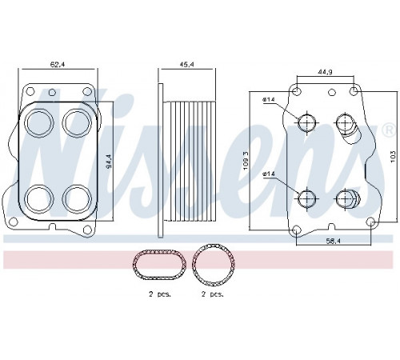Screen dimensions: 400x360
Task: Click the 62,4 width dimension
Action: coord(58,64)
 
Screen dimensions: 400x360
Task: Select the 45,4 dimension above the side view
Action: coord(186,64)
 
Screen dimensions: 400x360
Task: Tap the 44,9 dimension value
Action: coord(325,72)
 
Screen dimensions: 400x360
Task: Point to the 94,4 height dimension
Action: coord(109,162)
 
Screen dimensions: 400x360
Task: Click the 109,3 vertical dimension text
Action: coord(246,161)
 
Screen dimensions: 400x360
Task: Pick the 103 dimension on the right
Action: coord(393,158)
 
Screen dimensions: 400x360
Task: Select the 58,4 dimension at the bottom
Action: coord(333,241)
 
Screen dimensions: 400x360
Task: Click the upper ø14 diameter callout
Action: coord(269,99)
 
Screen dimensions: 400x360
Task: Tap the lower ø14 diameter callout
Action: coord(269,174)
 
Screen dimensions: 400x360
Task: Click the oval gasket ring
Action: coord(159,252)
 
